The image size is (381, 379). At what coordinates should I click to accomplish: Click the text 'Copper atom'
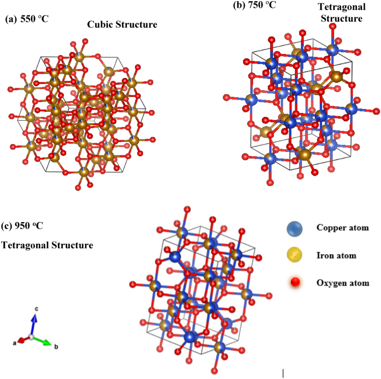342,228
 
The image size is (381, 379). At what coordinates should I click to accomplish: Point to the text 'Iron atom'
336,255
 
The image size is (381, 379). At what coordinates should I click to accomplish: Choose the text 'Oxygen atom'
343,283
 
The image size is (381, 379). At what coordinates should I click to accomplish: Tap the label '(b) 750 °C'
255,5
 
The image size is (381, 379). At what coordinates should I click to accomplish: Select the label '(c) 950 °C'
23,225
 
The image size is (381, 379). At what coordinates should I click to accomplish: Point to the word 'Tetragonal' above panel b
341,7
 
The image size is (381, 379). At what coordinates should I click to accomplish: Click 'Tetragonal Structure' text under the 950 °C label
47,245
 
